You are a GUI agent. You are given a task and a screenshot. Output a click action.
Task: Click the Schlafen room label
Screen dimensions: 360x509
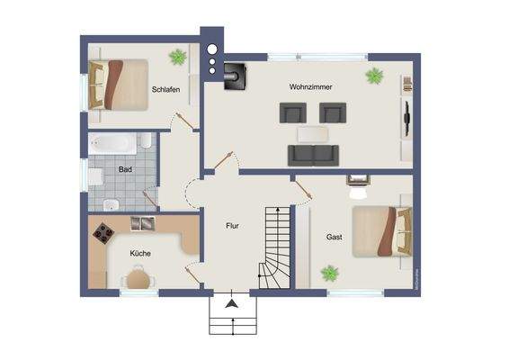coord(165,91)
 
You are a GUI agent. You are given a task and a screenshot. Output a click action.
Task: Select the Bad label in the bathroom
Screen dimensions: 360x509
coord(125,168)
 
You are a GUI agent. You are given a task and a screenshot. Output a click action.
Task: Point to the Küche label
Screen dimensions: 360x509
coord(139,253)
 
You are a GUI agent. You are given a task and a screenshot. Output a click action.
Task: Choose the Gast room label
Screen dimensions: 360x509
coord(335,237)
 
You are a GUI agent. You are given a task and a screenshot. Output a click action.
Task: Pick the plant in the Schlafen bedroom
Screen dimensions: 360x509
coord(178,58)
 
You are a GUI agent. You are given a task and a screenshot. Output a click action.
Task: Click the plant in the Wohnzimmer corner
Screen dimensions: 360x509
coord(374,76)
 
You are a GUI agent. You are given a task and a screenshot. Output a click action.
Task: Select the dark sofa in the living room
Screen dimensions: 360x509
coord(312,155)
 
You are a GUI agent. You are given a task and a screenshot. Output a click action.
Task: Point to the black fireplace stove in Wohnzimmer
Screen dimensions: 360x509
coord(236,76)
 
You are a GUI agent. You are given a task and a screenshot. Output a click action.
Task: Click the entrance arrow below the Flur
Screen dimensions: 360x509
coord(232,304)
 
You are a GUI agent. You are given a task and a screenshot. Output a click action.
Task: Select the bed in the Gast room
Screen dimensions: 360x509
coord(382,231)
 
